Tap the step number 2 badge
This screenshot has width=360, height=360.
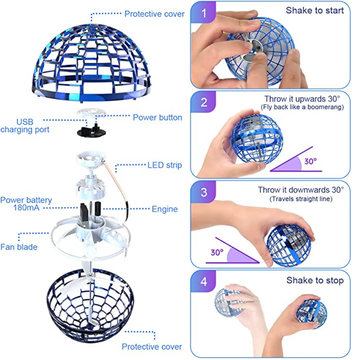pyautogui.click(x=204, y=102)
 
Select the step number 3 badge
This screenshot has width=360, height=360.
pyautogui.click(x=204, y=192)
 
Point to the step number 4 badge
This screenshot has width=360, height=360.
pyautogui.click(x=204, y=281)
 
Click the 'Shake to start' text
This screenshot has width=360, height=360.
pyautogui.click(x=315, y=10)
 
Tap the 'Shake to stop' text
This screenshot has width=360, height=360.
pyautogui.click(x=315, y=280)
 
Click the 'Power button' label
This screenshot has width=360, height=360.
pyautogui.click(x=157, y=117)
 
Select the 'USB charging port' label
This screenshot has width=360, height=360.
pyautogui.click(x=25, y=126)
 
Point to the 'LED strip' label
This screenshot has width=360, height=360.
pyautogui.click(x=165, y=165)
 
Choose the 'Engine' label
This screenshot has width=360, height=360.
pyautogui.click(x=165, y=209)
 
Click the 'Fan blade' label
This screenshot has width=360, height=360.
pyautogui.click(x=19, y=247)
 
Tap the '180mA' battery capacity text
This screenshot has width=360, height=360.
pyautogui.click(x=26, y=208)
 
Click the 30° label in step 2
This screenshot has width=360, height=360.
pyautogui.click(x=310, y=161)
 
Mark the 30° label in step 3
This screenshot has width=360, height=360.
pyautogui.click(x=217, y=252)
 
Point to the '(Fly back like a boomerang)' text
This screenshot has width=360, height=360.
pyautogui.click(x=302, y=107)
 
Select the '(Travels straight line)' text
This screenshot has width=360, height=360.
pyautogui.click(x=301, y=199)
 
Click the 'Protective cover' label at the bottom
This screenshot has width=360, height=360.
pyautogui.click(x=152, y=346)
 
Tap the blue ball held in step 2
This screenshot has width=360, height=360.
pyautogui.click(x=257, y=139)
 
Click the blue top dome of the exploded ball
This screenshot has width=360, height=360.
pyautogui.click(x=91, y=63)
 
